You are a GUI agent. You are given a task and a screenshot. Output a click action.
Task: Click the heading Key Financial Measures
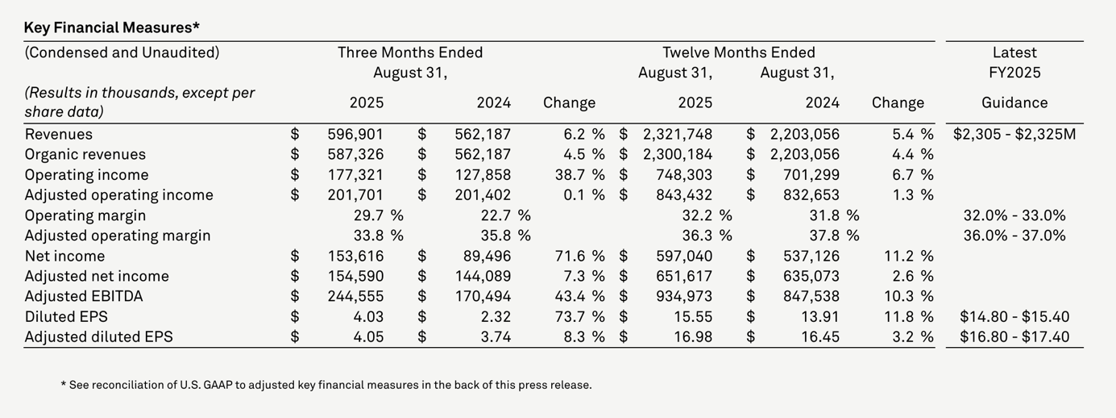(x=112, y=27)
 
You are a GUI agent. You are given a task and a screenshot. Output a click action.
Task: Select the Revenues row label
(x=59, y=134)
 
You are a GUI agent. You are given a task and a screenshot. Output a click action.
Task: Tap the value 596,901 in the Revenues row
(x=355, y=134)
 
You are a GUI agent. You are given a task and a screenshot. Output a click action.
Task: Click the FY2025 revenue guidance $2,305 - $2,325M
(x=1014, y=134)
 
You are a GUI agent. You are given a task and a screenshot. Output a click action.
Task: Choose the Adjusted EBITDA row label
(x=84, y=296)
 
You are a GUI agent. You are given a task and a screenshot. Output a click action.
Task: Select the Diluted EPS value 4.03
(x=367, y=316)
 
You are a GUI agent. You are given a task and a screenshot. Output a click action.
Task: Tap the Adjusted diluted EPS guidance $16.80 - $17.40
(x=1014, y=336)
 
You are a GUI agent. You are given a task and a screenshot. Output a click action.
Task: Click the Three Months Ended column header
(x=410, y=52)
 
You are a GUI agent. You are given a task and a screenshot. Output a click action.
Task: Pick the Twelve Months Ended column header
(x=739, y=52)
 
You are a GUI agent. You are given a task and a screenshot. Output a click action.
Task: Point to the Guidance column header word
(x=1014, y=102)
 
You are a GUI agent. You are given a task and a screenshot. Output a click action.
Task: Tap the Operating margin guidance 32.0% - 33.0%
(x=1014, y=215)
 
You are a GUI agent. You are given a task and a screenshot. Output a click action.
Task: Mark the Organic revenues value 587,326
(x=355, y=154)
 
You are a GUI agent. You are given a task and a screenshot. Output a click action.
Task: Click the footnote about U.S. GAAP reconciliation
(x=326, y=385)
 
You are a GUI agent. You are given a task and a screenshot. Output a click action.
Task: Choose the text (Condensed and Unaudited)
(x=122, y=52)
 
